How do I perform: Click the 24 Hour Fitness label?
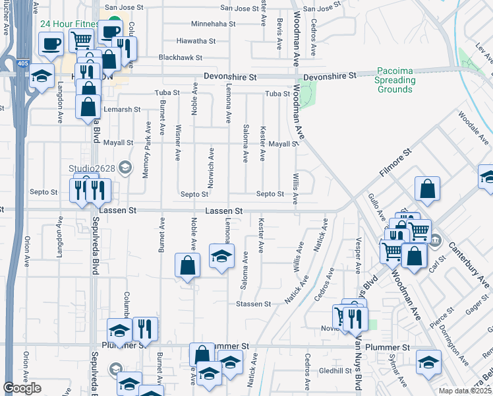tap(69, 24)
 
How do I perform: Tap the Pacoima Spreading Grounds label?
tap(396, 80)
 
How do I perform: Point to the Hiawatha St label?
tap(197, 41)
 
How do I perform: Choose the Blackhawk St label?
tap(180, 58)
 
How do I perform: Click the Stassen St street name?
tap(254, 304)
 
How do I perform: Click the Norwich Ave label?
tap(212, 164)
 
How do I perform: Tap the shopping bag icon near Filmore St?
tap(428, 188)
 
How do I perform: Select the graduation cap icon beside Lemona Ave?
tap(221, 256)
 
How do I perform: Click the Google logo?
tap(22, 388)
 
